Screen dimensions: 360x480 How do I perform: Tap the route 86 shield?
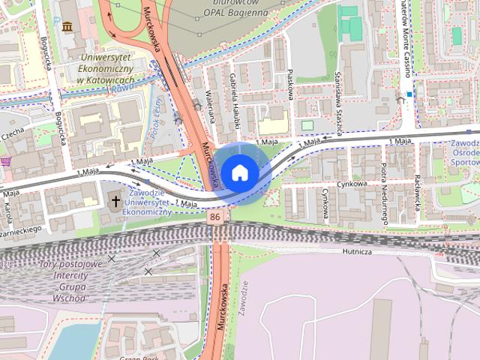click(x=216, y=217)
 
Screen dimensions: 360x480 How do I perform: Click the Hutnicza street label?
click(x=356, y=251)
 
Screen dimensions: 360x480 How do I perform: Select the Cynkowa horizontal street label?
click(x=352, y=184)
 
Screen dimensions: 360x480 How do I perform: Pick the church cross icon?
click(x=115, y=200)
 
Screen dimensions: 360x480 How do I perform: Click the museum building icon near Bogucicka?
click(x=68, y=28)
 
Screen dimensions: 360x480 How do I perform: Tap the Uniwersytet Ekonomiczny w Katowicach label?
click(x=106, y=68)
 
